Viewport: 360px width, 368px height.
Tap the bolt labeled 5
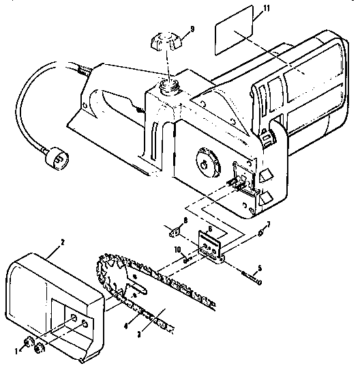tap(250, 277)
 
